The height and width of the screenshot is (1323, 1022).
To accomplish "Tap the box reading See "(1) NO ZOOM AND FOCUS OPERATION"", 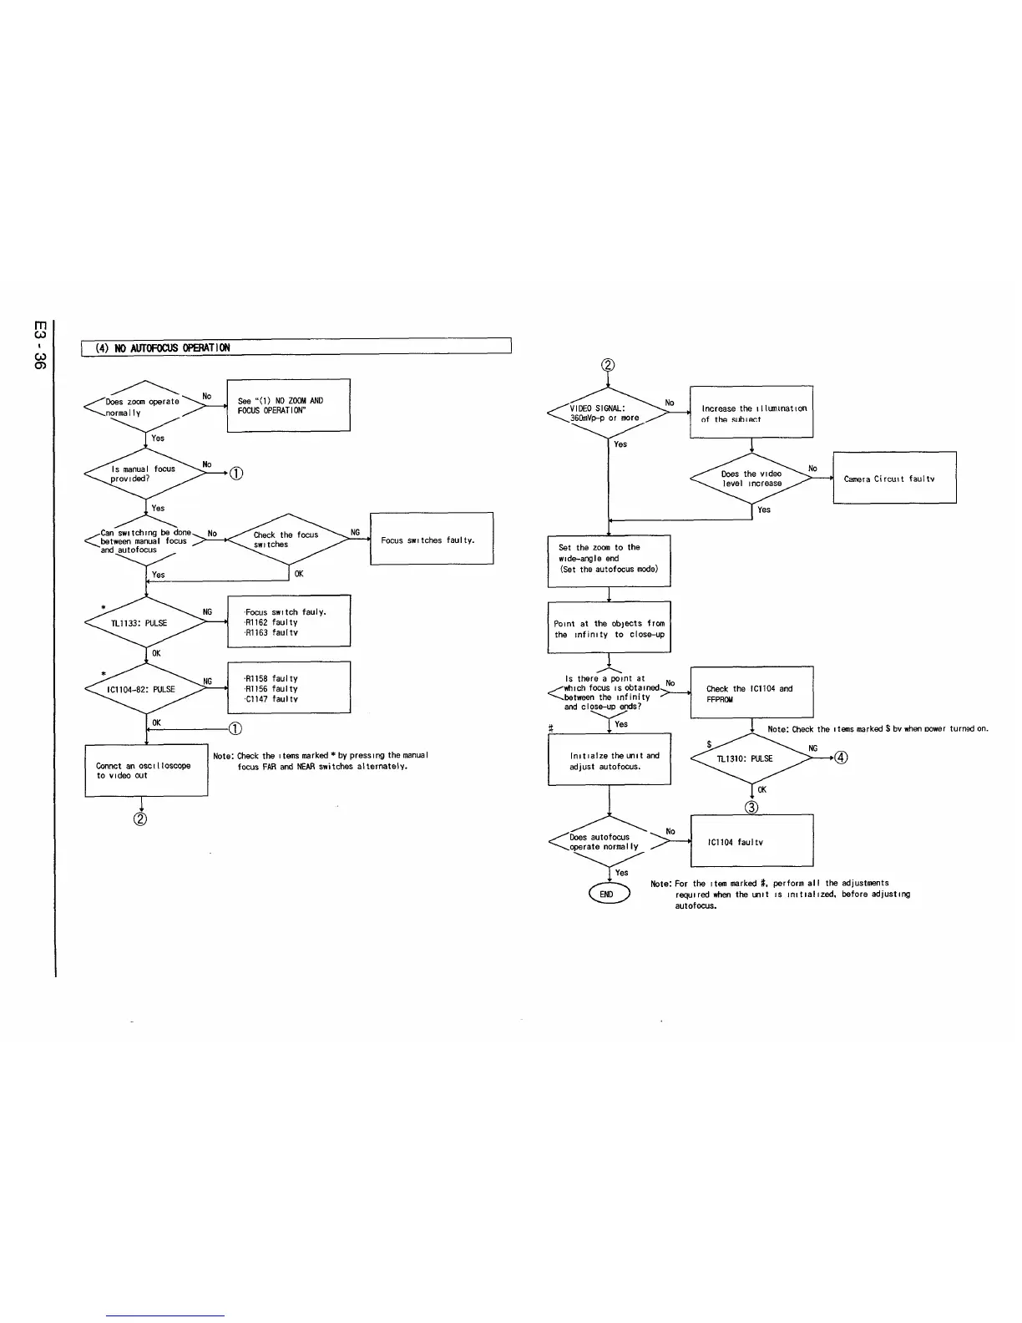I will tap(288, 405).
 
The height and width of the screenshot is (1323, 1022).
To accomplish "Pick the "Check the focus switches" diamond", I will tap(288, 540).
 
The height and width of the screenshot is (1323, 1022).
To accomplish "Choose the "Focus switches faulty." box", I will tap(431, 540).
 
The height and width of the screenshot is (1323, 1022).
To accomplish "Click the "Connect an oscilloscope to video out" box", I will tap(146, 770).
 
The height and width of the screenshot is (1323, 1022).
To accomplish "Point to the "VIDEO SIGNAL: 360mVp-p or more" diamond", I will tap(608, 413).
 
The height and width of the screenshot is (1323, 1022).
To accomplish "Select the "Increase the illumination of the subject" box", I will tap(751, 413).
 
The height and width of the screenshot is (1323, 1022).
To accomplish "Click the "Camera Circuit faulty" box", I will tap(894, 479).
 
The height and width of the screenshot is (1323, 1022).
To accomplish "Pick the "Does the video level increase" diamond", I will tap(752, 479).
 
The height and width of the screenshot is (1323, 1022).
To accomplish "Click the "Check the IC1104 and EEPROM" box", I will tap(751, 693).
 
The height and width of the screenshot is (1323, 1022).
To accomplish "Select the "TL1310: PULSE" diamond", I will tap(752, 759).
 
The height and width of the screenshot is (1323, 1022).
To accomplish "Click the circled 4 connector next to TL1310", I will tap(842, 758).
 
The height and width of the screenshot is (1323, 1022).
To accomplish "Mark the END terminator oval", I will tap(609, 895).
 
